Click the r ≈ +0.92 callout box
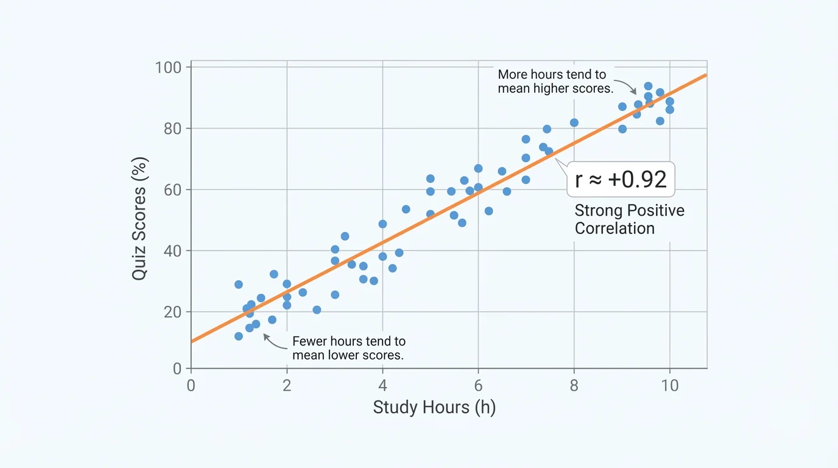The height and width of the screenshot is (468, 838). pyautogui.click(x=621, y=179)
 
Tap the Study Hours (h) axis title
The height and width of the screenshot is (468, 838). pyautogui.click(x=434, y=408)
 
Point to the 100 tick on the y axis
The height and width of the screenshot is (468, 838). pyautogui.click(x=169, y=67)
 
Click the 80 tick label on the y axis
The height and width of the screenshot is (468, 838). pyautogui.click(x=173, y=129)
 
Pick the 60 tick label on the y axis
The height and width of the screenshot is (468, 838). pyautogui.click(x=173, y=190)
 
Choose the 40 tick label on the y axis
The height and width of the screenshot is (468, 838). pyautogui.click(x=173, y=250)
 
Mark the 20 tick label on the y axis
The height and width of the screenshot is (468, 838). pyautogui.click(x=173, y=311)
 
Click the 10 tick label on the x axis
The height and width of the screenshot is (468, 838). pyautogui.click(x=669, y=385)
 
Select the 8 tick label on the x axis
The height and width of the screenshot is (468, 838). pyautogui.click(x=574, y=385)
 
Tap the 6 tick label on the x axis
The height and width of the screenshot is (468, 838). pyautogui.click(x=478, y=385)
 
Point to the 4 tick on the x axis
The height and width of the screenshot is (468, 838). pyautogui.click(x=382, y=385)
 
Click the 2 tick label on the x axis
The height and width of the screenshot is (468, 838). pyautogui.click(x=287, y=385)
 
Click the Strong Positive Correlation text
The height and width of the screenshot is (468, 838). pyautogui.click(x=629, y=219)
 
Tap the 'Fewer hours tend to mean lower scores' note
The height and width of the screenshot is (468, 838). pyautogui.click(x=348, y=348)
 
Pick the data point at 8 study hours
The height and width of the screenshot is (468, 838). pyautogui.click(x=574, y=122)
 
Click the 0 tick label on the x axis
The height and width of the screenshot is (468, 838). pyautogui.click(x=191, y=385)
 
